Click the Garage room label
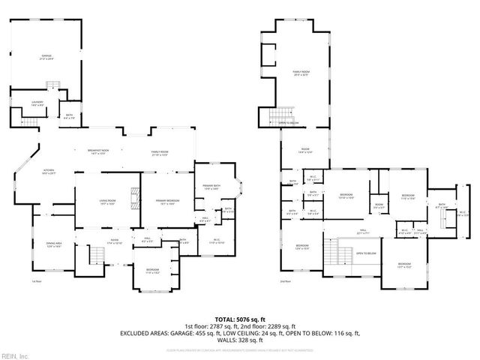coord(46,57)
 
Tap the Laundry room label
coord(37,103)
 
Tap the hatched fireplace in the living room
coord(135,196)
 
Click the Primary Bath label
coord(209,187)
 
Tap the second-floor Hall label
coord(362,232)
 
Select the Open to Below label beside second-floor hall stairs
coord(366,253)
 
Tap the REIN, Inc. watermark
coord(16,355)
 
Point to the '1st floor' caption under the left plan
coord(36,281)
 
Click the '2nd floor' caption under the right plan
coord(286,281)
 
